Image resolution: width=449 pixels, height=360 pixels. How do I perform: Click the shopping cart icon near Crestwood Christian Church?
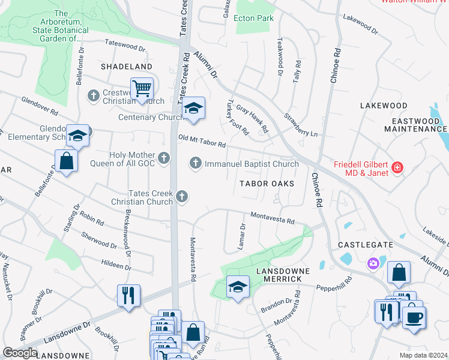142,89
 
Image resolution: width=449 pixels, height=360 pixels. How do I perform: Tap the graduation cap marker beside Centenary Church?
193,109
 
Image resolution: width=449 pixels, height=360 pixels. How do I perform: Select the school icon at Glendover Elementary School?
78,136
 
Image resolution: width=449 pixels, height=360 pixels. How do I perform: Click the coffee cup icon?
414,316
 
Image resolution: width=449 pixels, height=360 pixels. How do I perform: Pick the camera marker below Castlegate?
373,263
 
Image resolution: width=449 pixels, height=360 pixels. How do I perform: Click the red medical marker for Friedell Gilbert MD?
396,167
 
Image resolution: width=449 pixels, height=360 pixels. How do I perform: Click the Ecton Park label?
255,18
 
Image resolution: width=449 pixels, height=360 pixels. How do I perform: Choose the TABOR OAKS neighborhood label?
267,184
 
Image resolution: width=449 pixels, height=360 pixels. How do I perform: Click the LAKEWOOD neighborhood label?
384,106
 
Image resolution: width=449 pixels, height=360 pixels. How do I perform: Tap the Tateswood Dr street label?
125,45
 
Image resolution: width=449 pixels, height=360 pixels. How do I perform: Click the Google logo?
20,353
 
